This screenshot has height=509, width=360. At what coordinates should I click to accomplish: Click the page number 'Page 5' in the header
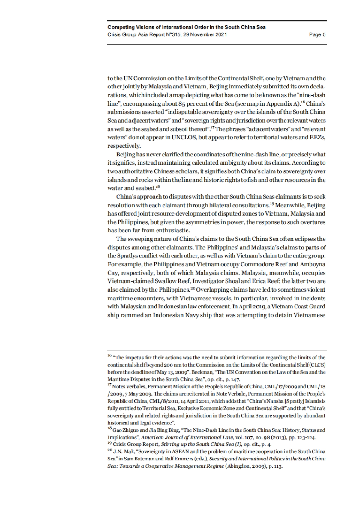(x=317, y=34)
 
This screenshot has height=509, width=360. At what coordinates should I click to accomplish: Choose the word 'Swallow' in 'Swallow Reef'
(x=159, y=281)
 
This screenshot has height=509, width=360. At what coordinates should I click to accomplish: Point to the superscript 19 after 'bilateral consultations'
(x=272, y=204)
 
